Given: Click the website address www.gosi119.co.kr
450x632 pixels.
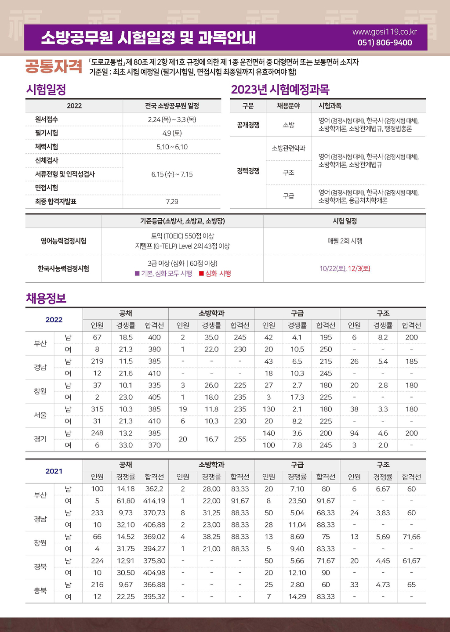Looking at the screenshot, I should [385, 32].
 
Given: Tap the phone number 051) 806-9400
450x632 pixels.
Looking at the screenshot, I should [385, 43].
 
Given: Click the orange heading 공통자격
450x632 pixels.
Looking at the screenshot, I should [54, 66].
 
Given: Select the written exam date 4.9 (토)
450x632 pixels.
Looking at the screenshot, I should [172, 133].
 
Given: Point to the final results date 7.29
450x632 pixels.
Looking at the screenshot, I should [172, 202].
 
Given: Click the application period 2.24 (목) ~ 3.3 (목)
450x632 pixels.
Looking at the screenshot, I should [172, 119].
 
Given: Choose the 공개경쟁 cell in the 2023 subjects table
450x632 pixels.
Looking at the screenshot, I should [248, 125].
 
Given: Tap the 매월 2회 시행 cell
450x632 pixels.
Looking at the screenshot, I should [345, 241].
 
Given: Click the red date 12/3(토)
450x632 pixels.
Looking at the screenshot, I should [359, 269].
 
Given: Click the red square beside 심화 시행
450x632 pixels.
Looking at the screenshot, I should [201, 274].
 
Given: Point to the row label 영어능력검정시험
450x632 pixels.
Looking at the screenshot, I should [63, 241].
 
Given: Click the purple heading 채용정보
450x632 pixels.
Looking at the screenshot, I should [46, 299].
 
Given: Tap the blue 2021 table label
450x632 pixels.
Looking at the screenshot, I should [54, 471].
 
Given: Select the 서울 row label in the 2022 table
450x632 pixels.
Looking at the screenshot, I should [40, 415].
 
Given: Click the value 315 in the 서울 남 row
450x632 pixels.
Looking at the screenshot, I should [97, 409].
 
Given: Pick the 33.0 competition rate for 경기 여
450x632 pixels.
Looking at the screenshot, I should [126, 445].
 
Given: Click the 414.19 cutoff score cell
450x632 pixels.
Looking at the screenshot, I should [154, 501].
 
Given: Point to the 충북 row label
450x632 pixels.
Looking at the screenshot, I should [40, 591].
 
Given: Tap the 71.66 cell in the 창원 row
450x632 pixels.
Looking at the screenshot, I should [411, 537].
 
